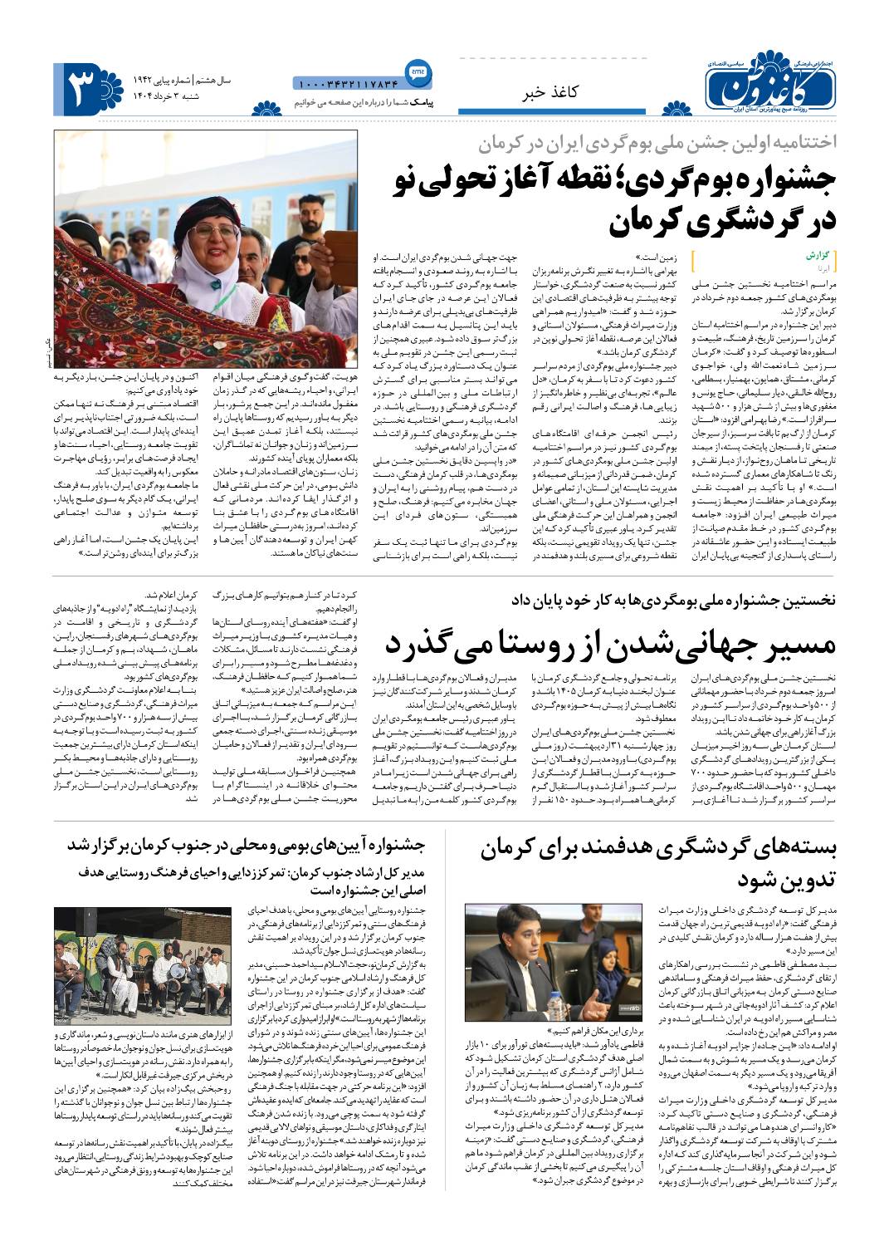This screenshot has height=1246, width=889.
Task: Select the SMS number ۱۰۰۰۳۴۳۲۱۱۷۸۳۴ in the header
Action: pos(346,84)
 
